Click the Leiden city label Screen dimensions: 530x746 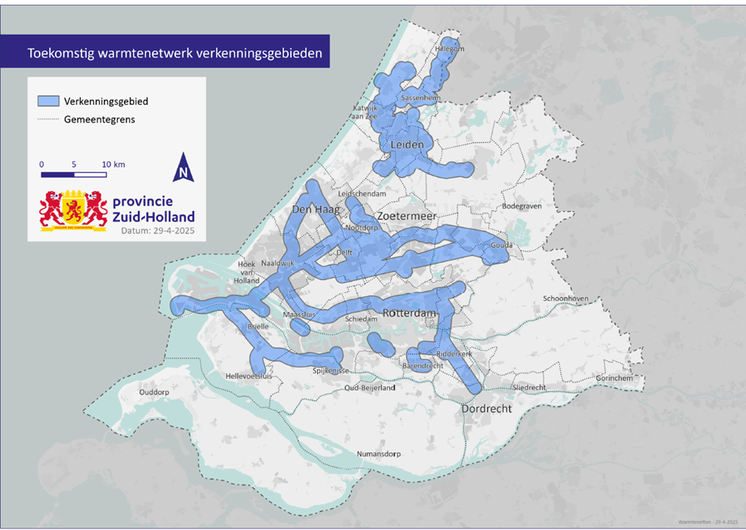click(x=408, y=145)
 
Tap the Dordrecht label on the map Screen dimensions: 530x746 click(x=487, y=409)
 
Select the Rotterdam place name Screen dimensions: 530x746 click(x=409, y=314)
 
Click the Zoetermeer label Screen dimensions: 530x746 click(x=406, y=218)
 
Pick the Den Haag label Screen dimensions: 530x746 click(x=311, y=209)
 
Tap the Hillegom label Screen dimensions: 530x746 click(x=451, y=49)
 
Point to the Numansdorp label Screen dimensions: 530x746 click(x=380, y=454)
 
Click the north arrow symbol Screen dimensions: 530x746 click(x=184, y=167)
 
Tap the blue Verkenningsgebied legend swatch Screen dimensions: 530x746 click(x=48, y=101)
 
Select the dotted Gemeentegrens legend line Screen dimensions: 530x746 click(x=48, y=119)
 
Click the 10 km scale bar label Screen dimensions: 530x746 click(x=114, y=165)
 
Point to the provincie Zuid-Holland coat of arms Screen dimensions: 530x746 click(x=73, y=209)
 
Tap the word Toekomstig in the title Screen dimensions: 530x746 click(x=59, y=54)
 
